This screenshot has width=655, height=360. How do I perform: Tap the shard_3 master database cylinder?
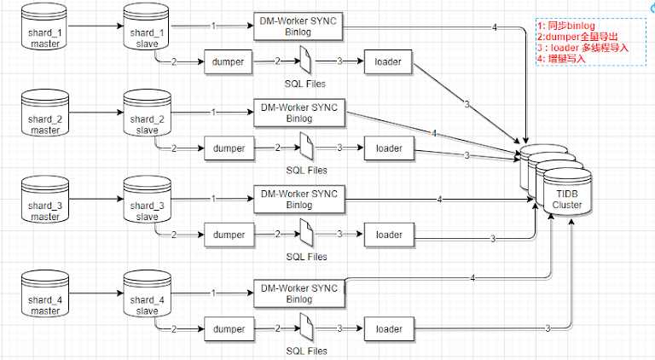[x=42, y=202]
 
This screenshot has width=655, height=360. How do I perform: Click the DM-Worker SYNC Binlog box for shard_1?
[x=299, y=26]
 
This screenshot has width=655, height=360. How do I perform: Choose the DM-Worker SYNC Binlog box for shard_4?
[x=299, y=293]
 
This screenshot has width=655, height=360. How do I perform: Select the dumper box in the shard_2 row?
[x=229, y=148]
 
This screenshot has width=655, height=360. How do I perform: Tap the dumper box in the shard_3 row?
[x=229, y=235]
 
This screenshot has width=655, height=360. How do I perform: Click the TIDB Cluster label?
[x=566, y=199]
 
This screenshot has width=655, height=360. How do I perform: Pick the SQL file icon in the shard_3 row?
[x=305, y=235]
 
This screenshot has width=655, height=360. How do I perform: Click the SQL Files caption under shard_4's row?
[x=306, y=350]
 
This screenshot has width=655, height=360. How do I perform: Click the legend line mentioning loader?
[x=583, y=48]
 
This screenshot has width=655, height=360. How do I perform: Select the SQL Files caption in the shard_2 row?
[x=306, y=171]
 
